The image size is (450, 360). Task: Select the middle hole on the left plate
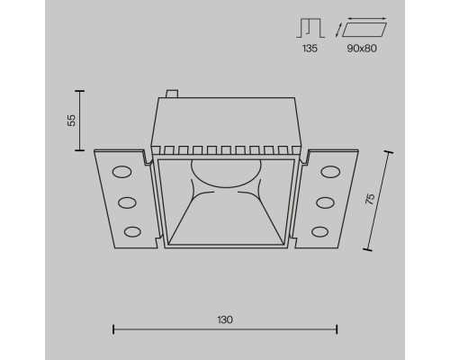[x=126, y=201]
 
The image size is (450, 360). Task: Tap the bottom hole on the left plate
[x=132, y=233]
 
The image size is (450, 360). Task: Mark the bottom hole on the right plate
[x=318, y=233]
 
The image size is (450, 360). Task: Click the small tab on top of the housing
[x=172, y=92]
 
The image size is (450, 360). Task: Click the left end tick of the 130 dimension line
[x=113, y=329]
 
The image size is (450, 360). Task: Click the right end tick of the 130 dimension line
[x=337, y=329]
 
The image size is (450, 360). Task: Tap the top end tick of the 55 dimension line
[x=81, y=91]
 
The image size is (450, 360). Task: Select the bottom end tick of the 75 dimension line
[x=369, y=247]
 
